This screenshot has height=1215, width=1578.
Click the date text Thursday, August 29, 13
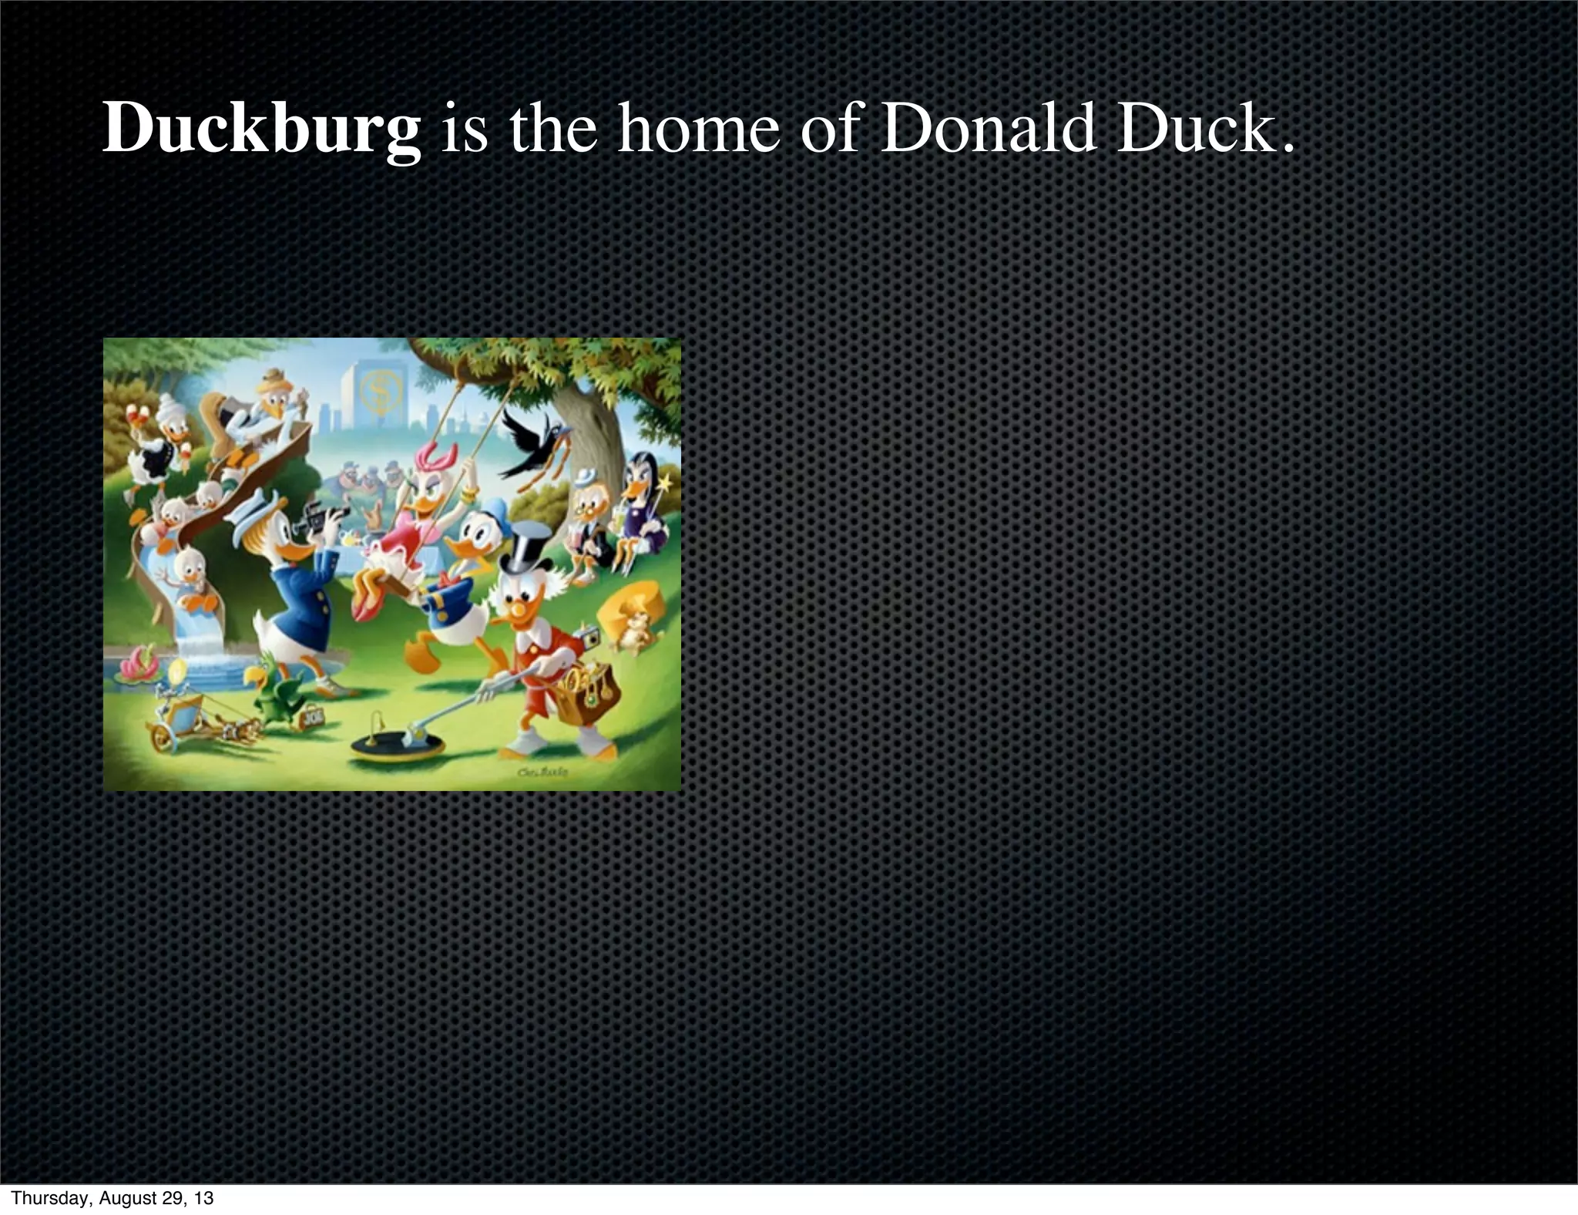point(112,1198)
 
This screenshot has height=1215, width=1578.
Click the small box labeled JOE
point(313,715)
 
